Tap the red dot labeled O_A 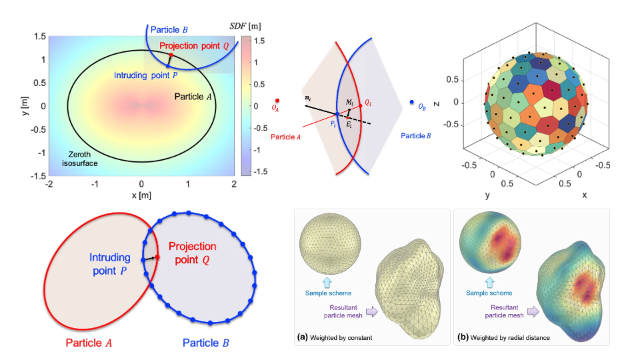[x=275, y=101]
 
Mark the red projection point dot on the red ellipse [x=158, y=258]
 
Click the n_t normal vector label [x=307, y=98]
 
